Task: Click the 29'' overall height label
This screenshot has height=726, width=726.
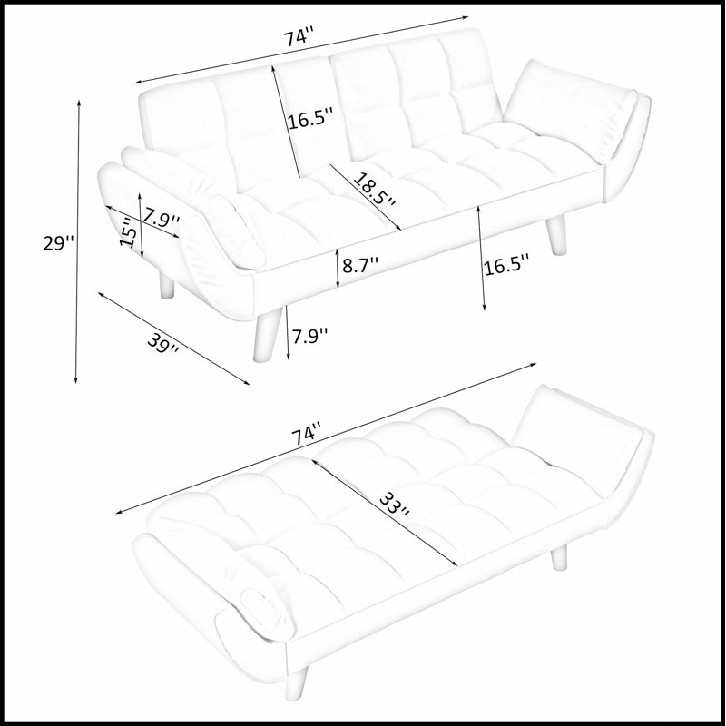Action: tap(58, 242)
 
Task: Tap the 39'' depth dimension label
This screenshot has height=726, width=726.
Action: tap(163, 344)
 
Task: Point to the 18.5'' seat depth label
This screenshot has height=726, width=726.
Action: tap(375, 190)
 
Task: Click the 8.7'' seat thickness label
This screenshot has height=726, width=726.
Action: tap(360, 265)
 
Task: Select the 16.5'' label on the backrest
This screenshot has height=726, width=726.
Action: tap(310, 121)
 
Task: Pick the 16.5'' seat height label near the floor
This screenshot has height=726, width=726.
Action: tap(506, 267)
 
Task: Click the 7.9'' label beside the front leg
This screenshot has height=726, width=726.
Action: tap(309, 336)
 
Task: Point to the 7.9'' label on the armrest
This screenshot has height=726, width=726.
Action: tap(162, 217)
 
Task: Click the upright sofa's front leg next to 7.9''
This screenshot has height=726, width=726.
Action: tap(267, 334)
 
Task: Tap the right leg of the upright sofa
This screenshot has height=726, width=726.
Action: tap(555, 235)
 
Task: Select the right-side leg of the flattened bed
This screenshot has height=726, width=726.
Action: tap(559, 557)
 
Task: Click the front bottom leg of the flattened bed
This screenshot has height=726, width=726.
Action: tap(297, 683)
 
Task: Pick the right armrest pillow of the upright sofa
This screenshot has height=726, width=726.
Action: tap(570, 108)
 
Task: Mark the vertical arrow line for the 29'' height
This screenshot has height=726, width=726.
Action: tap(77, 241)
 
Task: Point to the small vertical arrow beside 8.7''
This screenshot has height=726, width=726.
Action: tap(338, 268)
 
